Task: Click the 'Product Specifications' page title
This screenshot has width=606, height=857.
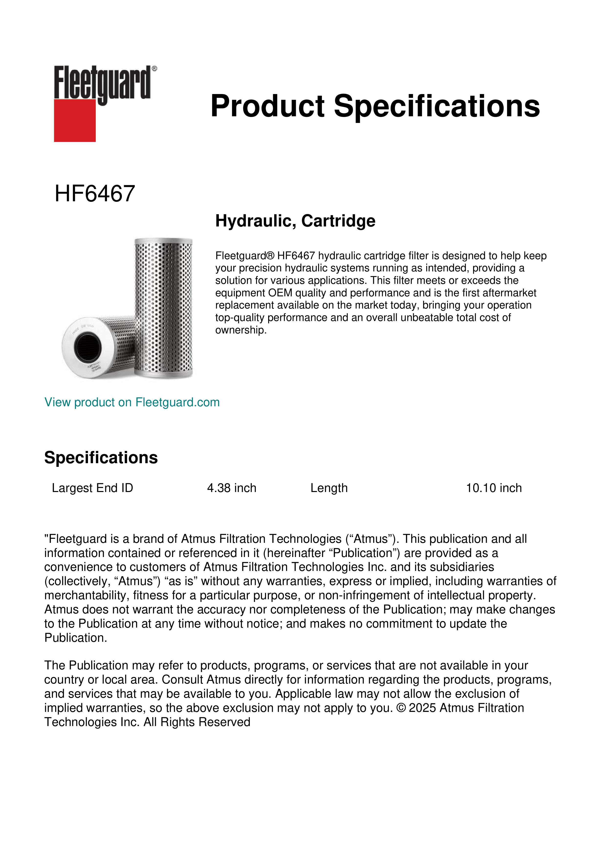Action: pos(375,106)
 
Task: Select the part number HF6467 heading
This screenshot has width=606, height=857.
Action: pos(95,194)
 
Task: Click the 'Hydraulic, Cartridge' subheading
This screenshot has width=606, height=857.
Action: pos(295,221)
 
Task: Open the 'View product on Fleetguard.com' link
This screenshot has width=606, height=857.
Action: pos(132,402)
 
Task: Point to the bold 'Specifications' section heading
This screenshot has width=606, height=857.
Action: pos(101,458)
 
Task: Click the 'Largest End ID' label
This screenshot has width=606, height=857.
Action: pos(92,488)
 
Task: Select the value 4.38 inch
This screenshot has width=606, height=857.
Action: pos(232,488)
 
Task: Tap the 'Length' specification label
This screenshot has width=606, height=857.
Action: pos(329,488)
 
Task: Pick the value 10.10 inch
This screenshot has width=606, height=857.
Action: pos(494,488)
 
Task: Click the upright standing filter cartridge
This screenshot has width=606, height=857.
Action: pos(163,306)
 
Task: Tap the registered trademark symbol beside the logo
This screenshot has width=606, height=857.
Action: pos(154,69)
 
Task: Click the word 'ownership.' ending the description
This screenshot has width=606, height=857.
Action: pos(241,330)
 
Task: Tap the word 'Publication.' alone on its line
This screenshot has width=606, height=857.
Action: pos(75,638)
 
